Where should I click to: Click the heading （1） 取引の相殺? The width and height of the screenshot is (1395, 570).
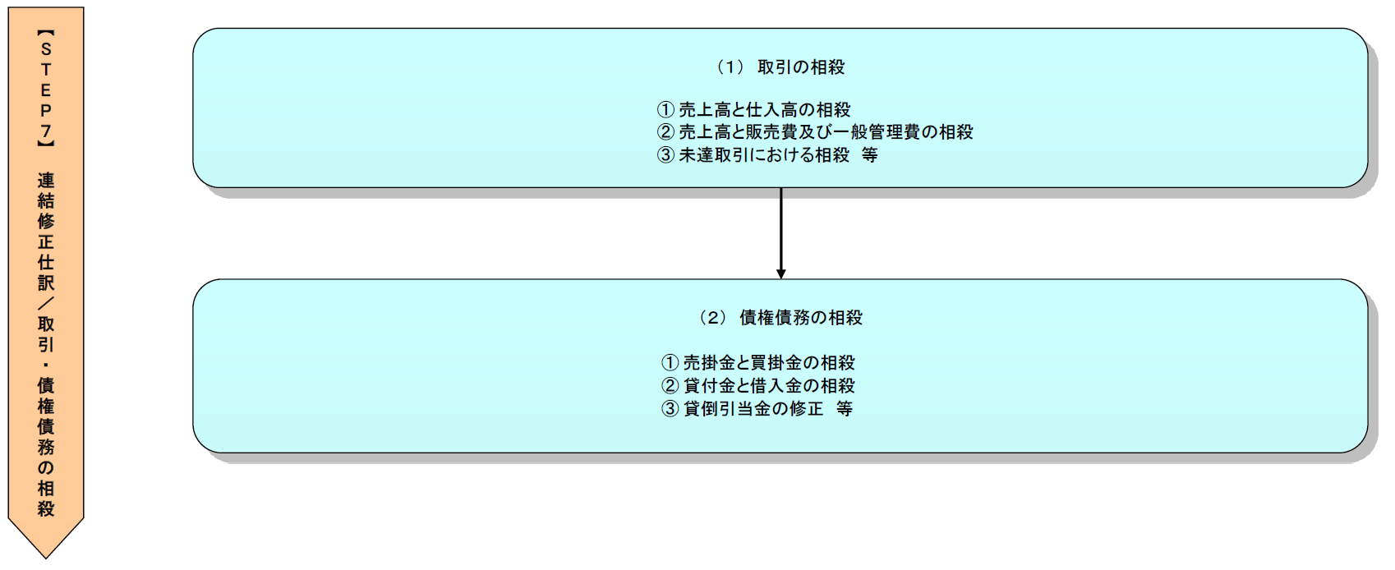pos(780,67)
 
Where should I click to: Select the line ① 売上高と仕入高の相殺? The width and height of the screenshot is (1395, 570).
pos(754,109)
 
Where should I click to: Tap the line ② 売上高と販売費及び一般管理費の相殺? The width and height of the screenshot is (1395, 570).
pos(815,131)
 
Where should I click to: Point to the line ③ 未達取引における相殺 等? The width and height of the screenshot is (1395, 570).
pos(767,154)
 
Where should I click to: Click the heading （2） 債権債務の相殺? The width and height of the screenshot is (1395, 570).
pos(780,318)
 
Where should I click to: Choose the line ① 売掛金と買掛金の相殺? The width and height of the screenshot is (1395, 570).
pos(758,362)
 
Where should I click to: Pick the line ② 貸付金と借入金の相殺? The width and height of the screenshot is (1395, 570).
pos(758,385)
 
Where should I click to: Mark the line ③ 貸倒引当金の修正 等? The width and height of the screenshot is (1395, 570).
pos(757,408)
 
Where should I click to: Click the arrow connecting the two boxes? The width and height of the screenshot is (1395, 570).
pos(781,230)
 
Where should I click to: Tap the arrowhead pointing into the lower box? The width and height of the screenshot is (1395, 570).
pos(781,274)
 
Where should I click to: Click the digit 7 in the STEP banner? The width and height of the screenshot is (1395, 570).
pos(46,131)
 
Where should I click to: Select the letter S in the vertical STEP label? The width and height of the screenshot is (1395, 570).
pos(46,49)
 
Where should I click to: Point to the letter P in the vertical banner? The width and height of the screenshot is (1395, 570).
pos(46,110)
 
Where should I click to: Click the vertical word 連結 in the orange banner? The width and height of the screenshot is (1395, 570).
pos(46,191)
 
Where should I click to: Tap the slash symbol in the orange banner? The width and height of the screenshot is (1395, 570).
pos(46,303)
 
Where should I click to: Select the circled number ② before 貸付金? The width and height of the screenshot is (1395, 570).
pos(670,385)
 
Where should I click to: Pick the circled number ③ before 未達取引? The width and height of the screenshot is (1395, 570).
pos(665,154)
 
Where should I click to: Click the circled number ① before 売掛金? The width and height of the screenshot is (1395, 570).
pos(670,362)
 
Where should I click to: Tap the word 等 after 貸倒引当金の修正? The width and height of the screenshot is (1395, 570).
pos(845,408)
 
